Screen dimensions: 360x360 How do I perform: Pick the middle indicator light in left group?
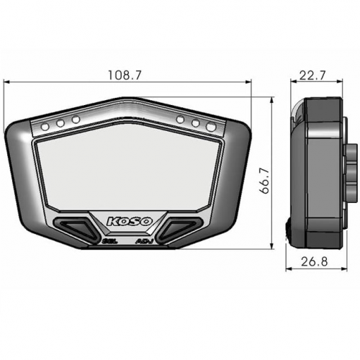(60, 122)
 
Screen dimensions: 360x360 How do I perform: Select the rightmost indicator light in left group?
(76, 119)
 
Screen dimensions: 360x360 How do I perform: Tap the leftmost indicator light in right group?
(180, 119)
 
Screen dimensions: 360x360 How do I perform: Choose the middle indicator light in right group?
(195, 122)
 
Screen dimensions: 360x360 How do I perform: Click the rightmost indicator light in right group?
(211, 127)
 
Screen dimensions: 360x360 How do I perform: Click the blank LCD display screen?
(127, 173)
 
